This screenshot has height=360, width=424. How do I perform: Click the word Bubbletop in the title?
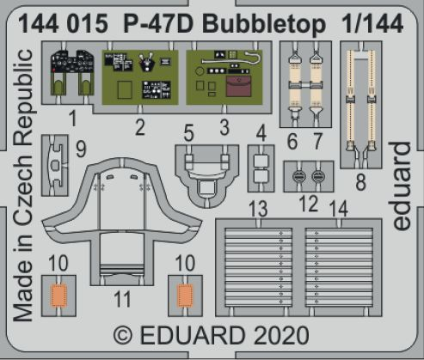coord(264,23)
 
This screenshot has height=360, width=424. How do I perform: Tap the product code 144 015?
coord(64,24)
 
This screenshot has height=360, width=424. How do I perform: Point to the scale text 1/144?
coord(372,23)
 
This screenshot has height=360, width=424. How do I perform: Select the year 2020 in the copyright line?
coord(281,335)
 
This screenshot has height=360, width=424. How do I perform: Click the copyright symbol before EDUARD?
coord(123,335)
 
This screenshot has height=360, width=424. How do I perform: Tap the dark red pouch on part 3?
coord(238,87)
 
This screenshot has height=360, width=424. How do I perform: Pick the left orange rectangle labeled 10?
coord(58,295)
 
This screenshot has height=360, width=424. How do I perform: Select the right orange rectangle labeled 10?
coord(185,296)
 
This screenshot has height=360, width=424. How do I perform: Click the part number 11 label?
coord(122,300)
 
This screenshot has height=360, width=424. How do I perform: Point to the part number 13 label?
coord(259,209)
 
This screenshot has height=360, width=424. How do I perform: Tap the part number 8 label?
coord(360,182)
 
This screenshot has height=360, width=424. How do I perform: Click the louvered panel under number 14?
coord(339,267)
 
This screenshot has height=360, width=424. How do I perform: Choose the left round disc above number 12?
coord(298,176)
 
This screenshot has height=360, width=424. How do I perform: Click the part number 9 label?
coord(81,149)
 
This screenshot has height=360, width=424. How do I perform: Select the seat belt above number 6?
coord(295,85)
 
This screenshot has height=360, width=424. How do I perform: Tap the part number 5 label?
coord(188,133)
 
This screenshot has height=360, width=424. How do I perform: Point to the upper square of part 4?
coord(261,161)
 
